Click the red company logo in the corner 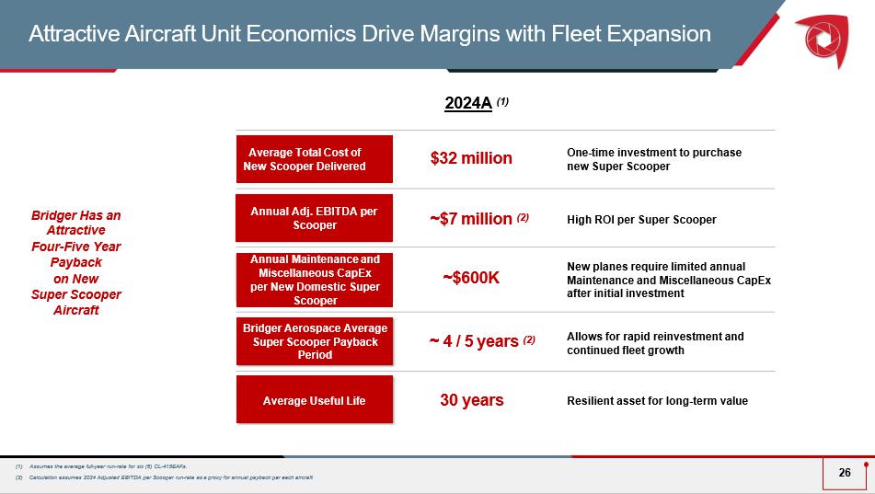click(x=823, y=36)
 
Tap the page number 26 click(x=845, y=473)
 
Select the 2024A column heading click(x=468, y=103)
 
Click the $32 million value click(x=471, y=158)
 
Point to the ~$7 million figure click(x=471, y=219)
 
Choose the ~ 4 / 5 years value click(x=475, y=342)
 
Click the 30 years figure click(x=471, y=400)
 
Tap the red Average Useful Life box click(x=315, y=400)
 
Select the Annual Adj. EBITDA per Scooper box click(x=315, y=218)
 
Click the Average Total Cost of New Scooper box click(x=315, y=159)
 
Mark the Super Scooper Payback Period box click(x=315, y=341)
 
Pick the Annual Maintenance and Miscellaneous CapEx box click(x=315, y=280)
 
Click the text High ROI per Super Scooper click(x=641, y=219)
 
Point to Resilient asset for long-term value click(x=657, y=400)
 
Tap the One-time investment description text click(x=654, y=159)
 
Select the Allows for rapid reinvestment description click(x=655, y=343)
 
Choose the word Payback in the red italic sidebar click(x=76, y=262)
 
